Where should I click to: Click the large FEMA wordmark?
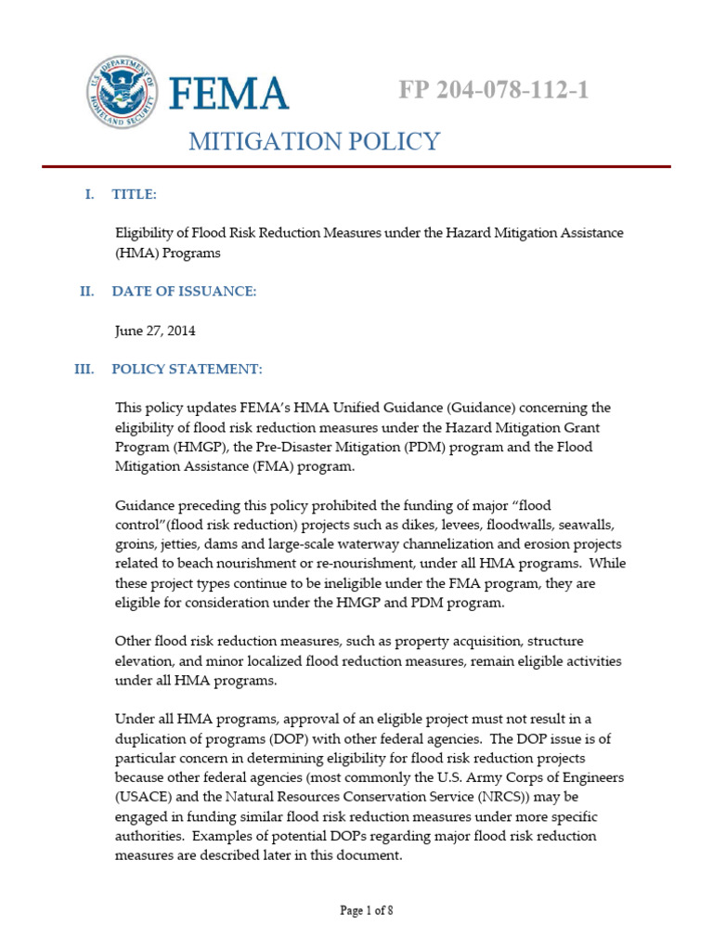pos(228,93)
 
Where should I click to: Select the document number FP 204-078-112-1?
pos(493,90)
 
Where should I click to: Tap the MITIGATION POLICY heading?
pos(314,141)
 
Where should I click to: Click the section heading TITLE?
pos(134,194)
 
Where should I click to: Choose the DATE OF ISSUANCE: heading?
pos(184,291)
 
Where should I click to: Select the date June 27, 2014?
pos(155,331)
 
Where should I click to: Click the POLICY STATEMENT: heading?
pos(187,370)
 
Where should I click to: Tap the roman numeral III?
pos(84,370)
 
